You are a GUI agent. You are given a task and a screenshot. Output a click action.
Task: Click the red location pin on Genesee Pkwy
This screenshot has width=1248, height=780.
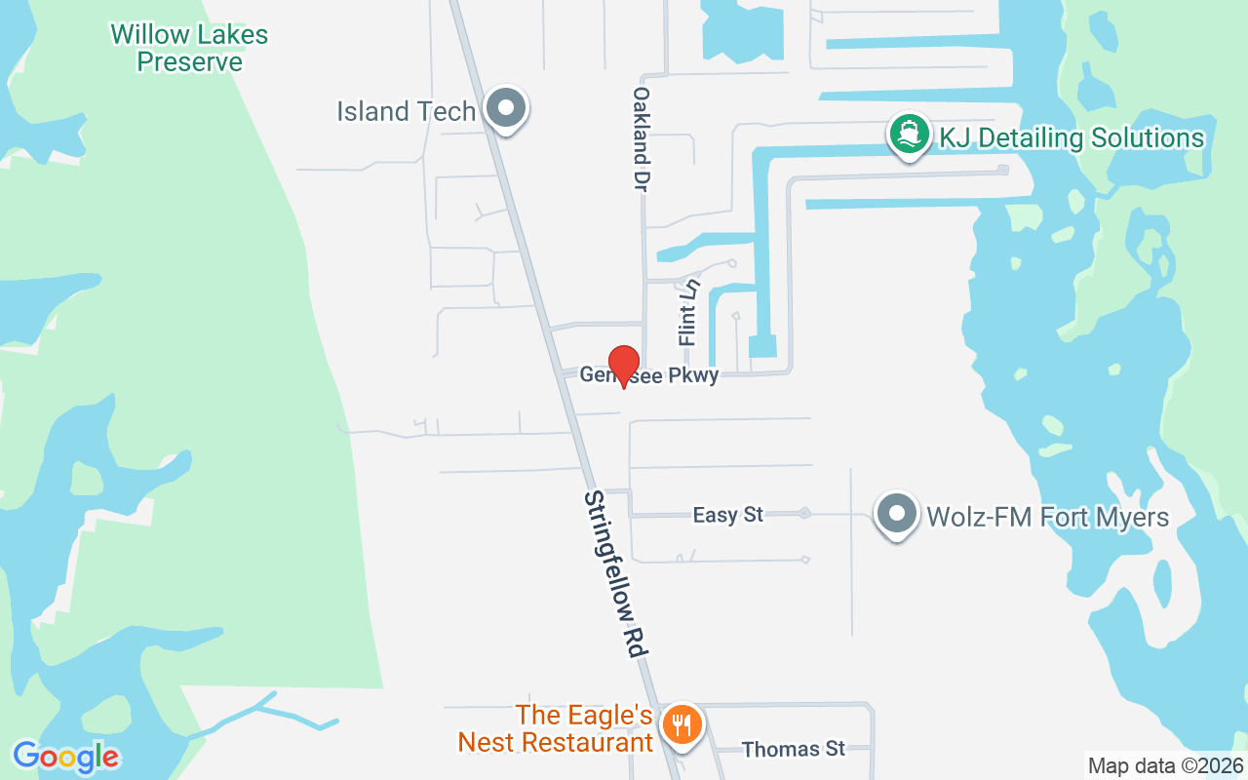click(624, 366)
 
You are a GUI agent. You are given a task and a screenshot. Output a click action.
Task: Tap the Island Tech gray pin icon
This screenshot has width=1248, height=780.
click(505, 108)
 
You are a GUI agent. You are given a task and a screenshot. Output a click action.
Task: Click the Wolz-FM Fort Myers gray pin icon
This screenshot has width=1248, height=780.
click(896, 513)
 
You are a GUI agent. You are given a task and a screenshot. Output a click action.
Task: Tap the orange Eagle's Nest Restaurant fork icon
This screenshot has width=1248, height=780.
click(682, 725)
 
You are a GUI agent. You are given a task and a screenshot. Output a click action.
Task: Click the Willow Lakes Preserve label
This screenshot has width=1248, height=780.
click(189, 48)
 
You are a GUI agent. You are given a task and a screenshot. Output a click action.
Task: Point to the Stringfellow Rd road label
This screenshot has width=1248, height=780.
click(617, 575)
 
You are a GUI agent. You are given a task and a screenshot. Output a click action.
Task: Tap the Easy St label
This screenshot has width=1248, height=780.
click(727, 515)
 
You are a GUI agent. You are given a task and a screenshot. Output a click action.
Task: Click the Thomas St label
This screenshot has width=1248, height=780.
click(793, 749)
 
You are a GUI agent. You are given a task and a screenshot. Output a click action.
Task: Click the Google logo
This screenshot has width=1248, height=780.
click(66, 757)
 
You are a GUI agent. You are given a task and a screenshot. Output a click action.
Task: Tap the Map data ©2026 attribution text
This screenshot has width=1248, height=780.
click(1165, 765)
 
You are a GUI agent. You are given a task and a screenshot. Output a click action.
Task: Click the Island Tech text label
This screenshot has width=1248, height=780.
click(406, 111)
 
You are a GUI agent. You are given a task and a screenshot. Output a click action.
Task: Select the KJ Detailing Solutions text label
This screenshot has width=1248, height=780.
click(1071, 137)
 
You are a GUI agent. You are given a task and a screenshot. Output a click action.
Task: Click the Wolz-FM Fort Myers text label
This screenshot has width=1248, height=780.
click(1047, 516)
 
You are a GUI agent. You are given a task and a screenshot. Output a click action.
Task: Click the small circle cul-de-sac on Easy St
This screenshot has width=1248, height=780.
click(805, 513)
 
